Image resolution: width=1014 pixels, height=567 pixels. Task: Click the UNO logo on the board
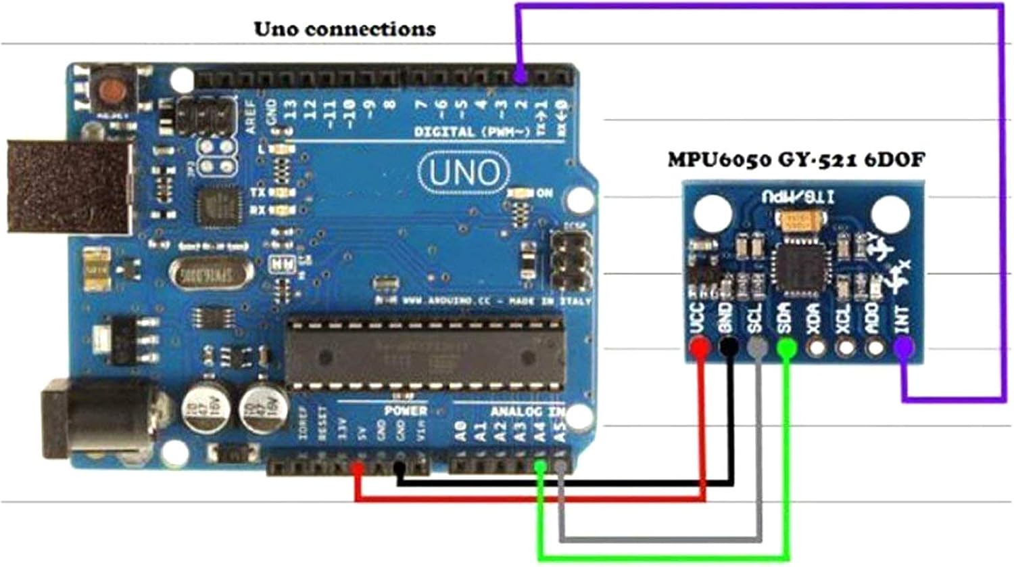click(x=464, y=173)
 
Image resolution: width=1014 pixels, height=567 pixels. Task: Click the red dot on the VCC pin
click(x=700, y=348)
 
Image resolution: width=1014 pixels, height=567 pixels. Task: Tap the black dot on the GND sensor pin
click(x=729, y=348)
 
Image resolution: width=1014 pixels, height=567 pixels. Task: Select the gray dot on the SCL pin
click(x=757, y=348)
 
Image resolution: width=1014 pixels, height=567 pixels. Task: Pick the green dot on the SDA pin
click(x=786, y=348)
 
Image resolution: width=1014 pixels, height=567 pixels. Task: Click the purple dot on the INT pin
click(x=903, y=348)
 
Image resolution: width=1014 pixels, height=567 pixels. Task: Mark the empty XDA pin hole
click(x=816, y=348)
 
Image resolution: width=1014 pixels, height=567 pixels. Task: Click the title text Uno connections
click(x=344, y=29)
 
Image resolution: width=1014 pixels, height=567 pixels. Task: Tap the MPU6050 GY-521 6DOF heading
click(x=796, y=160)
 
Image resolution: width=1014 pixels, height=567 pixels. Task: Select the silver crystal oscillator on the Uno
click(x=210, y=274)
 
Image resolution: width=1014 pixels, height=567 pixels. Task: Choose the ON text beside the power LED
click(x=544, y=194)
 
